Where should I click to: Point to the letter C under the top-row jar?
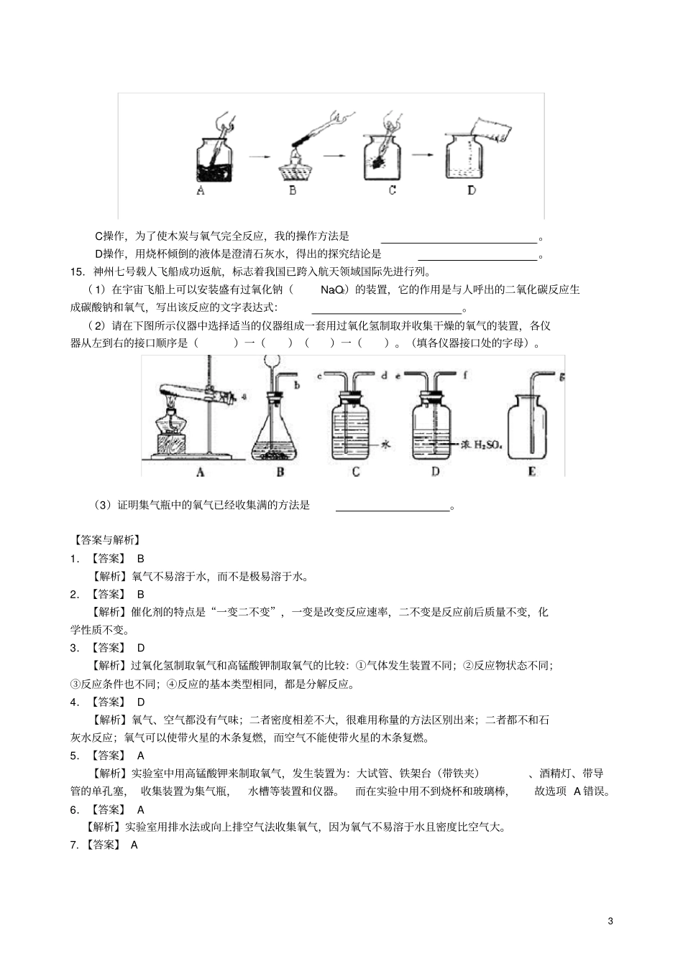tap(392, 190)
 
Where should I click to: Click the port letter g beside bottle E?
tap(562, 375)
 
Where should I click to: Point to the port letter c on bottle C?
tap(318, 376)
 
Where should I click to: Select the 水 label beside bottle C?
tap(385, 445)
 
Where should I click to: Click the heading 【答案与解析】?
tap(107, 540)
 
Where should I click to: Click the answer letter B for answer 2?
tap(141, 594)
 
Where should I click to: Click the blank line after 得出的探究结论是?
tap(477, 254)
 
